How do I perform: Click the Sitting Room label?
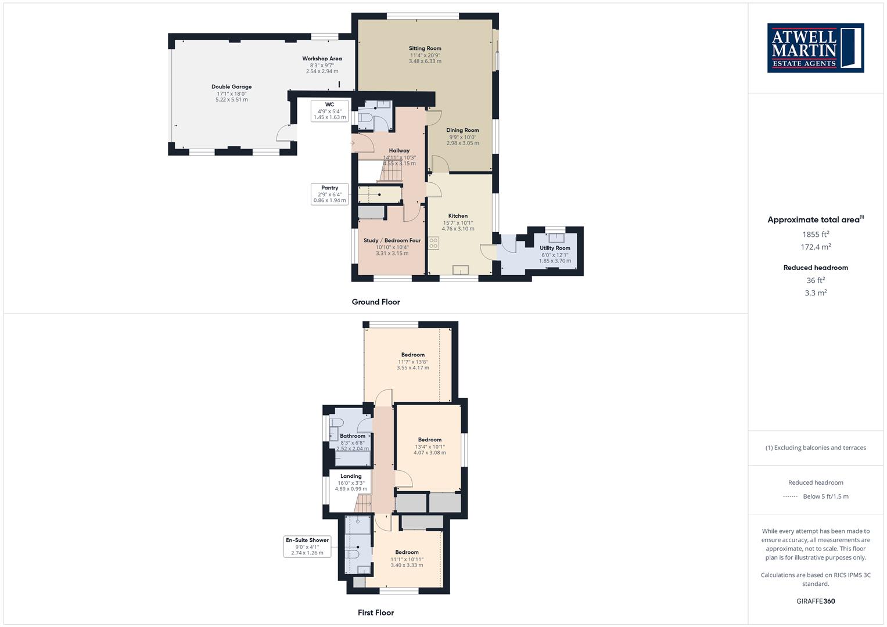(x=425, y=48)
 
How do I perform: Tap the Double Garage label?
(x=231, y=87)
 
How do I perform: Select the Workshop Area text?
(x=322, y=59)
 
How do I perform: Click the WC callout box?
(x=329, y=111)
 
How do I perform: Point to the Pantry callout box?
(x=329, y=194)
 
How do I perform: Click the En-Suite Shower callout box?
(x=307, y=546)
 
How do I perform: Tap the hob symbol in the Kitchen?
(x=433, y=243)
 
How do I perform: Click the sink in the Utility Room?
(x=556, y=237)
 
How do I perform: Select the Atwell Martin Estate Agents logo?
(x=816, y=48)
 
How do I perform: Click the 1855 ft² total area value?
(x=816, y=234)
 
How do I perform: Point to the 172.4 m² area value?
(x=816, y=247)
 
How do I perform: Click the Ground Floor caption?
(x=376, y=302)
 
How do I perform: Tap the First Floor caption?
(x=376, y=612)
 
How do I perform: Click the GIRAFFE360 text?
(x=816, y=601)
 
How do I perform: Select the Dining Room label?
(x=462, y=130)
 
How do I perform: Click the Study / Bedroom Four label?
(x=392, y=240)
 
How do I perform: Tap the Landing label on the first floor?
(x=351, y=476)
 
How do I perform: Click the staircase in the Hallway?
(x=392, y=172)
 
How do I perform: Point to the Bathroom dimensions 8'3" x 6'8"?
(x=353, y=443)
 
